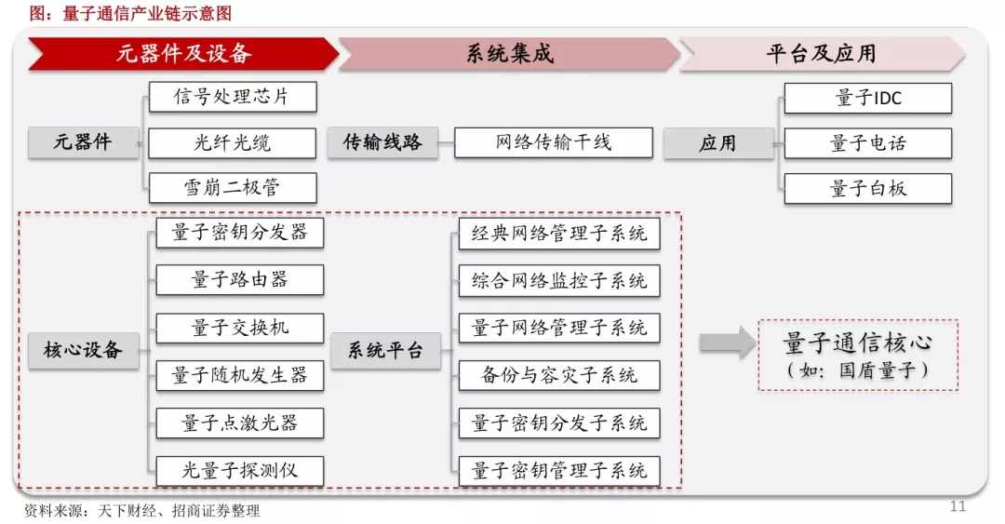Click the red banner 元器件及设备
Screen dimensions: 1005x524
[183, 53]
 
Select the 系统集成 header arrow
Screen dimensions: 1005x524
[510, 53]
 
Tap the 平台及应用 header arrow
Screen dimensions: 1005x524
[823, 53]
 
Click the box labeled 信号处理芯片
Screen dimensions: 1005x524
[233, 97]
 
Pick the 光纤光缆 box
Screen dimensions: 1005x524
[233, 142]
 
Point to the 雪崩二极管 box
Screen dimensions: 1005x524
[233, 188]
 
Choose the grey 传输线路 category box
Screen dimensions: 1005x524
[382, 142]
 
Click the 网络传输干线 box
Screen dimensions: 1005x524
[554, 142]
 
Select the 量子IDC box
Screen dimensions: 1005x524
[868, 98]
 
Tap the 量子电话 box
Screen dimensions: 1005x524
[868, 143]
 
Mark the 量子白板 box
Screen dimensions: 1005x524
[868, 189]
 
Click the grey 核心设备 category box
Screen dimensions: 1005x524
[84, 350]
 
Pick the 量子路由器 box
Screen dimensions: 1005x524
[240, 279]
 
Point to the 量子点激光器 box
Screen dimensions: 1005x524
[240, 423]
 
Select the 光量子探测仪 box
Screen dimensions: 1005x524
[240, 471]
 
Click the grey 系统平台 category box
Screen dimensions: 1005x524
[385, 350]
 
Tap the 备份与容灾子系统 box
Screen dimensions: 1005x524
[559, 375]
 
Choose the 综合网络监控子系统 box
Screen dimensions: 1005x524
[559, 280]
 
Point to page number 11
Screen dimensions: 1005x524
[958, 506]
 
